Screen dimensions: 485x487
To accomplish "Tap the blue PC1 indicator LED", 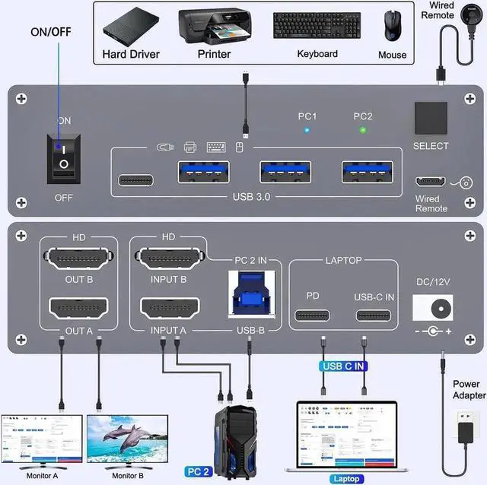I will [x=306, y=130].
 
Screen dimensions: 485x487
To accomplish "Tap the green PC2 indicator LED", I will [x=364, y=130].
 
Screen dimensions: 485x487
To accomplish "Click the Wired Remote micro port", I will [x=431, y=182].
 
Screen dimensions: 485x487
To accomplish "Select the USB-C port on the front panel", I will [x=136, y=180].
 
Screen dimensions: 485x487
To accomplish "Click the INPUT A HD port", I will [x=168, y=308].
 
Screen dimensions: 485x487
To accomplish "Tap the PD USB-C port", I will [x=312, y=316].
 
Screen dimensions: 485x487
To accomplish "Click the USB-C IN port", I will [x=373, y=316].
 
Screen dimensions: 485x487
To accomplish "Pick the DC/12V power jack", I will [x=438, y=308].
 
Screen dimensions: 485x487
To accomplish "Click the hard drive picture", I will [x=132, y=28].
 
